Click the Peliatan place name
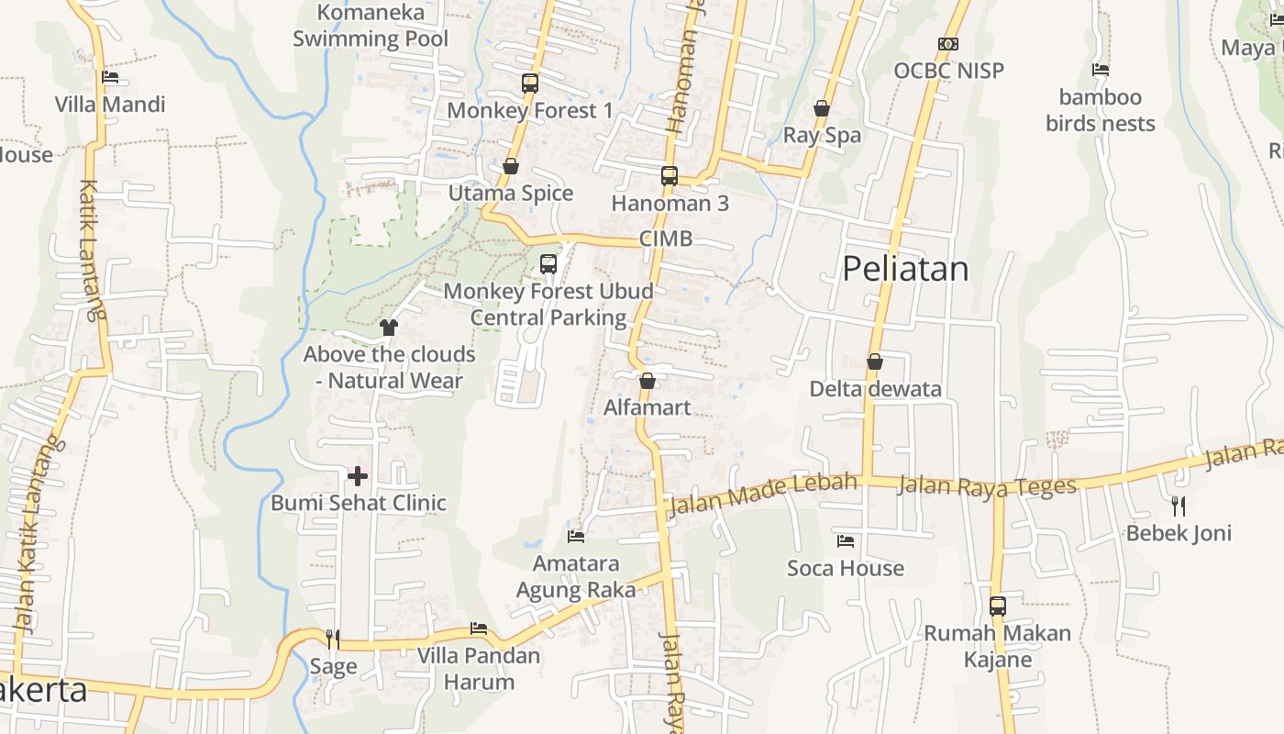click(905, 269)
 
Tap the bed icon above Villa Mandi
click(110, 77)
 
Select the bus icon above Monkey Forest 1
click(530, 83)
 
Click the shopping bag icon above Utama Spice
click(511, 166)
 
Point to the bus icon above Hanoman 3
click(670, 176)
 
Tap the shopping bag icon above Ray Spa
click(822, 108)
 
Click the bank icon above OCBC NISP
click(948, 44)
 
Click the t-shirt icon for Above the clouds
click(389, 327)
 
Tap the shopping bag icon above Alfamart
click(648, 381)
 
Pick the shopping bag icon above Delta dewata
click(875, 361)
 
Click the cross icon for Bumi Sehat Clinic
click(358, 475)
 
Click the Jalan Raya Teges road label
click(986, 484)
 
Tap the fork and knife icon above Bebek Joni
click(1179, 506)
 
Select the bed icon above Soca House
click(846, 541)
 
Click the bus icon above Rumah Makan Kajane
click(998, 606)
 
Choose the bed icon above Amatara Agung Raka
click(576, 536)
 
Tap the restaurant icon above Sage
click(333, 639)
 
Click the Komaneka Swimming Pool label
click(371, 26)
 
